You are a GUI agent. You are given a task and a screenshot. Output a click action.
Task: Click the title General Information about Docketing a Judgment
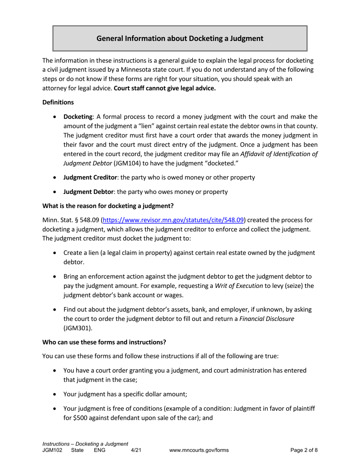180,38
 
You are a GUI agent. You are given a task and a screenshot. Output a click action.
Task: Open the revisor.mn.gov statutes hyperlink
173,220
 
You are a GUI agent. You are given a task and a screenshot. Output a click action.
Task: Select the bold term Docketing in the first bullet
78,117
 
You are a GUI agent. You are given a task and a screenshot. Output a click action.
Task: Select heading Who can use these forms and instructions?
104,342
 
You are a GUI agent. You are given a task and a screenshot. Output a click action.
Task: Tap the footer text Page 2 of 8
304,450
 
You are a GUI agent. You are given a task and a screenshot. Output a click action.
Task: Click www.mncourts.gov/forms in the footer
199,450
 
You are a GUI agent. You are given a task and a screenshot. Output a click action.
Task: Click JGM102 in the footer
52,450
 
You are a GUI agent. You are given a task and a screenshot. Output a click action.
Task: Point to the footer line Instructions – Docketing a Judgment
85,444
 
